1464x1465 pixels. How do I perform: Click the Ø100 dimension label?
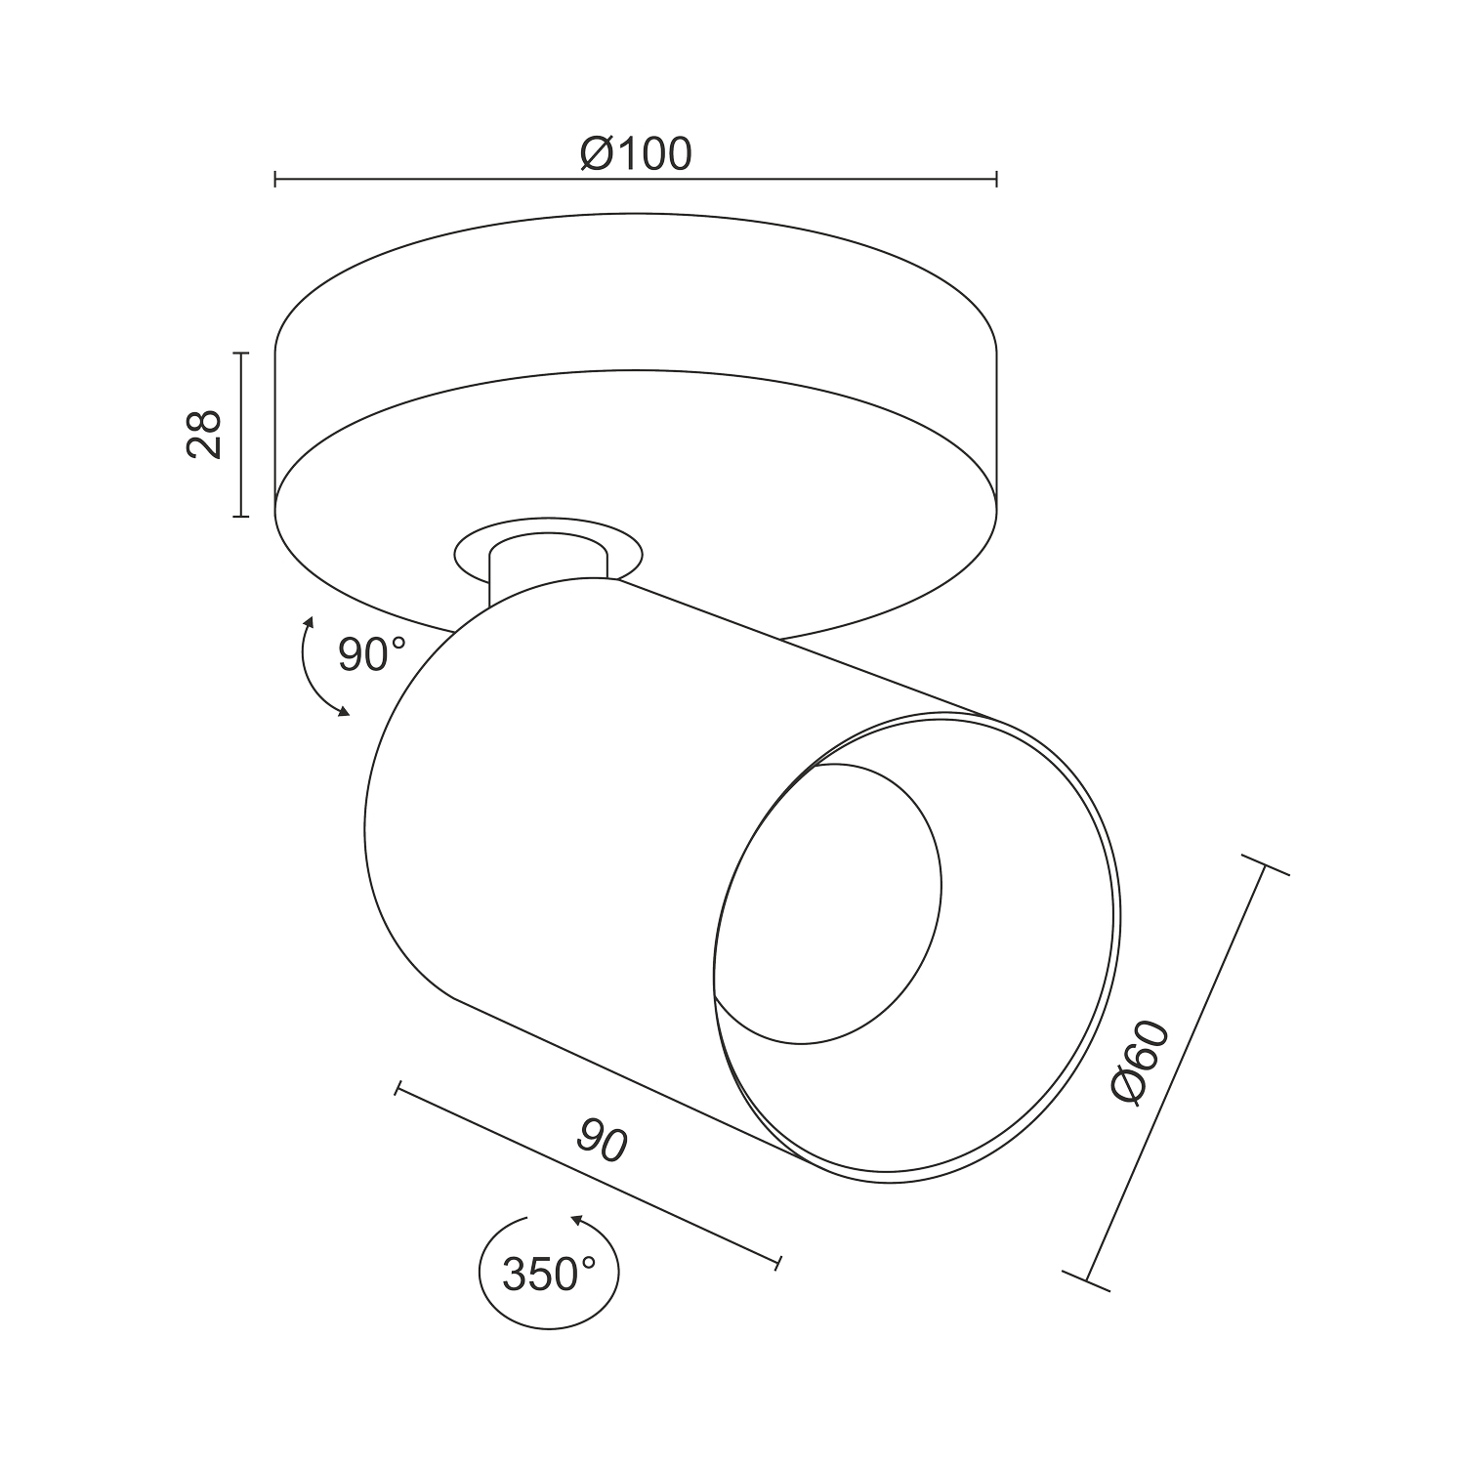coord(635,153)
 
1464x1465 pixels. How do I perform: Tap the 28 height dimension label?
coord(204,435)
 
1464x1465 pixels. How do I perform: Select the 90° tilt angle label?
coord(370,654)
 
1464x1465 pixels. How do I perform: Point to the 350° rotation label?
coord(549,1274)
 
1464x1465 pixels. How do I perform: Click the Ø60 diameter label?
coord(1141,1063)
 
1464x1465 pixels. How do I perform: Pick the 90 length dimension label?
coord(602,1141)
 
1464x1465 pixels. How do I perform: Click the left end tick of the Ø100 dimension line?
coord(275,179)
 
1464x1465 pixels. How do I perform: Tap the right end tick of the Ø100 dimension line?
coord(996,179)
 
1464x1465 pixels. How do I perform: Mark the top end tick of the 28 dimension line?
coord(240,354)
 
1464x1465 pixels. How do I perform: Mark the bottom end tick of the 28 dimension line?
coord(240,516)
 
